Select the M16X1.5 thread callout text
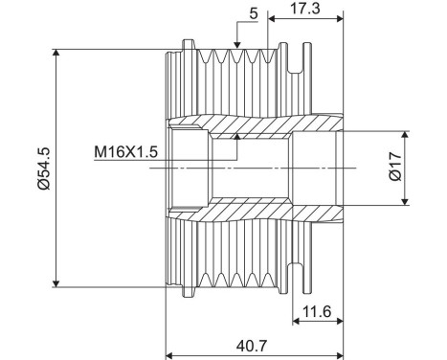[x=126, y=150]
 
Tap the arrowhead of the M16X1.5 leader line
[x=235, y=141]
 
